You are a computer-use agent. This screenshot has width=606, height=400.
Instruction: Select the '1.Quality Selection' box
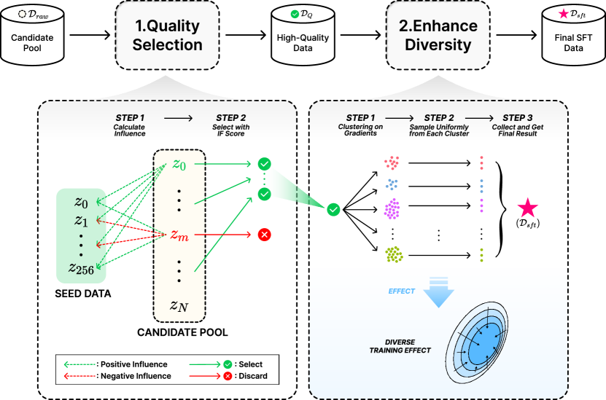pyautogui.click(x=168, y=35)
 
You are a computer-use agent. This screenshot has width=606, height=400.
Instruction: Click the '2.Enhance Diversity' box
pyautogui.click(x=438, y=35)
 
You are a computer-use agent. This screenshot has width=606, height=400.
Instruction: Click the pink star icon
pyautogui.click(x=527, y=208)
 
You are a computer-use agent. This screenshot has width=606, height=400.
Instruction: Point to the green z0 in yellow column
pyautogui.click(x=179, y=165)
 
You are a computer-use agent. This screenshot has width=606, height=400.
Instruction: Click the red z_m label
pyautogui.click(x=179, y=235)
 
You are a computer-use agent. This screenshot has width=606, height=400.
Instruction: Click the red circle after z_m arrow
pyautogui.click(x=264, y=235)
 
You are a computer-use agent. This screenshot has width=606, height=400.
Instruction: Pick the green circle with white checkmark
pyautogui.click(x=333, y=210)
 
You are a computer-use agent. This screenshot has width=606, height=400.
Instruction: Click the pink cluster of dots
pyautogui.click(x=393, y=162)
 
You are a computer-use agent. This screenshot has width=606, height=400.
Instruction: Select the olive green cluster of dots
pyautogui.click(x=394, y=254)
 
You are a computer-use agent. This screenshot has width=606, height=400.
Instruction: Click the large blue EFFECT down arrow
pyautogui.click(x=438, y=295)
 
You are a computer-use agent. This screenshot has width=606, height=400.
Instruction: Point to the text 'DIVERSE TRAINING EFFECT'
pyautogui.click(x=397, y=345)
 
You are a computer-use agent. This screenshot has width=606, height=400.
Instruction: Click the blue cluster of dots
pyautogui.click(x=392, y=184)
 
